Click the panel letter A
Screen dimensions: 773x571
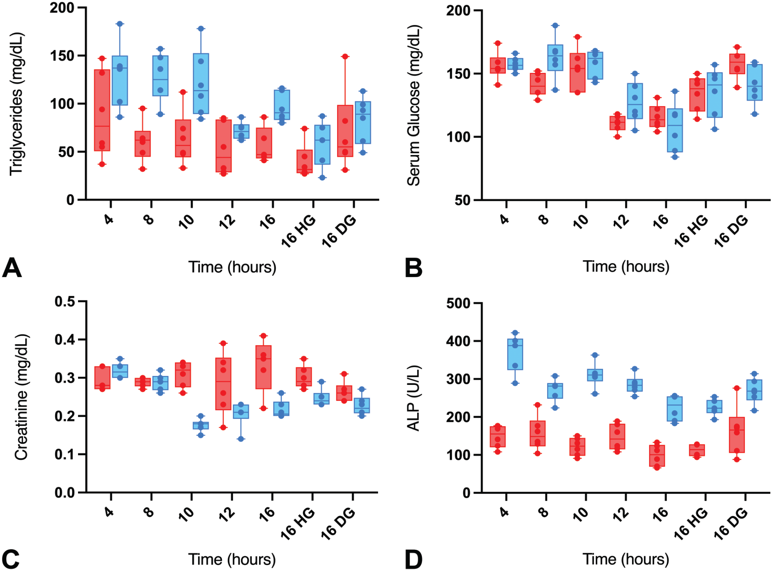[12, 268]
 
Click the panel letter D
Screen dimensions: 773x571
[413, 560]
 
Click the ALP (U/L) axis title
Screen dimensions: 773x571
[413, 398]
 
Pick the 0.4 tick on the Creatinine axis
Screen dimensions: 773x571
[65, 340]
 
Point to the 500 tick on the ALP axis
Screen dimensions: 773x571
[459, 303]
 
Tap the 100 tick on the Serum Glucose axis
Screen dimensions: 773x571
[459, 137]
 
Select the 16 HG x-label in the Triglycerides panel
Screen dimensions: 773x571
[298, 231]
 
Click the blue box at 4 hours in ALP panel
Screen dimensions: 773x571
[515, 354]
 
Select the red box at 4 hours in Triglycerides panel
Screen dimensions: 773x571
[102, 110]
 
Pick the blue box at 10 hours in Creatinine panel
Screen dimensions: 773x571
[201, 426]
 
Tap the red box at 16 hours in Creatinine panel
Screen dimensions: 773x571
[263, 367]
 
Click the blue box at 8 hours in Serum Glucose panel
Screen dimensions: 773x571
[555, 58]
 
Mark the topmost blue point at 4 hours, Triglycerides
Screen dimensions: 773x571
[120, 24]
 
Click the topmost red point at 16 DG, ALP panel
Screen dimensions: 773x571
[737, 388]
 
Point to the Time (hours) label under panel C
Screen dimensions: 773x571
[232, 559]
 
